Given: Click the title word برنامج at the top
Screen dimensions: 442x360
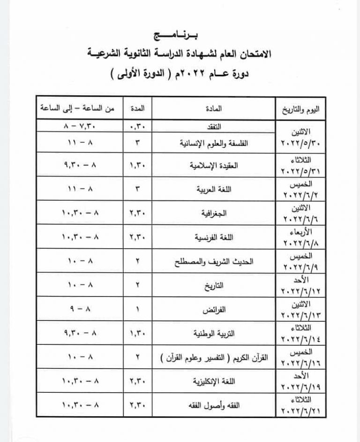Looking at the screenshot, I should tap(180, 35).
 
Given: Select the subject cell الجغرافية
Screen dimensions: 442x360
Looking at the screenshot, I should tap(216, 213).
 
